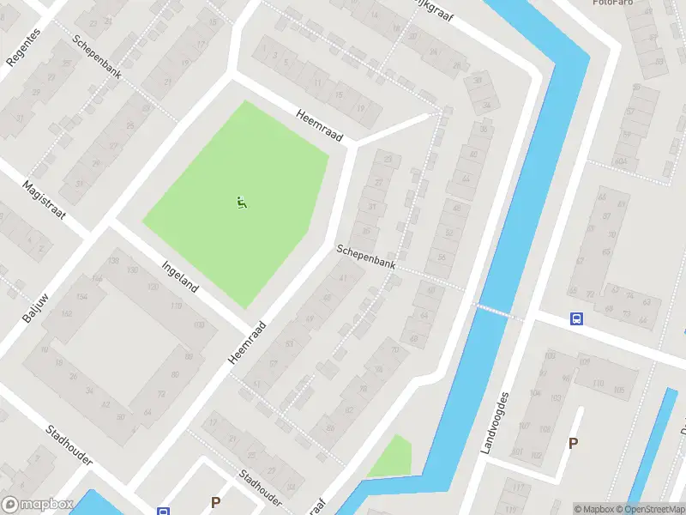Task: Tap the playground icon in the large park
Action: click(241, 203)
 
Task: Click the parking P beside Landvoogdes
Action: click(573, 444)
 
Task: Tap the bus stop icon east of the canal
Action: click(576, 319)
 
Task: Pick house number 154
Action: click(81, 296)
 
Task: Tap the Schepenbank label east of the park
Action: click(366, 256)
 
